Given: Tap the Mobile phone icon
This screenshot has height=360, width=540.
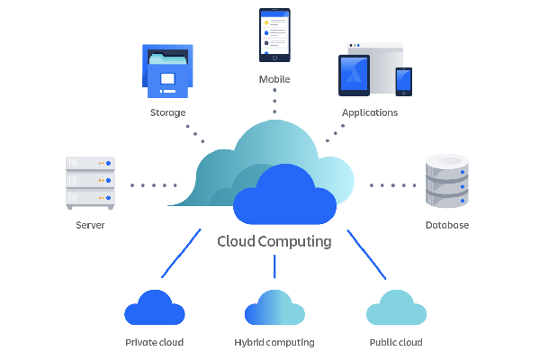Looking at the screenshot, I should tap(274, 35).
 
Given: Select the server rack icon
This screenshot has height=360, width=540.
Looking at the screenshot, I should tap(90, 183).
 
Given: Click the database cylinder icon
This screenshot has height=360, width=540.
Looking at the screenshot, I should tap(446, 181).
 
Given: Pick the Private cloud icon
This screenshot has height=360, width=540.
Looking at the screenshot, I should tap(155, 308).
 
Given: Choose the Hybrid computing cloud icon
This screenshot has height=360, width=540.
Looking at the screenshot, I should tap(274, 308).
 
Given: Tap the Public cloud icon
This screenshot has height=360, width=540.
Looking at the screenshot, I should tap(396, 308).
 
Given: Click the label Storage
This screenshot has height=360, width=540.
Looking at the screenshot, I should tap(168, 113).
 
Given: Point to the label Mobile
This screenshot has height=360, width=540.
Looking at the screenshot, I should tap(274, 79).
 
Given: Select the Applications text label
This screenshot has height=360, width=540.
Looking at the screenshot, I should tap(370, 113).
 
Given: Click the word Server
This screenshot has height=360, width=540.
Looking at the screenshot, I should tap(91, 225).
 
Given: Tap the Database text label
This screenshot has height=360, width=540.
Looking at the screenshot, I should tap(447, 225).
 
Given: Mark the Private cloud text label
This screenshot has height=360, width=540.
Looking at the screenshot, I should tap(154, 343).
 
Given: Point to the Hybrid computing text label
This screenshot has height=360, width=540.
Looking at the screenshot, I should tap(274, 343).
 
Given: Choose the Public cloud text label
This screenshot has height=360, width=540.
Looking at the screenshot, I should tap(396, 343).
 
